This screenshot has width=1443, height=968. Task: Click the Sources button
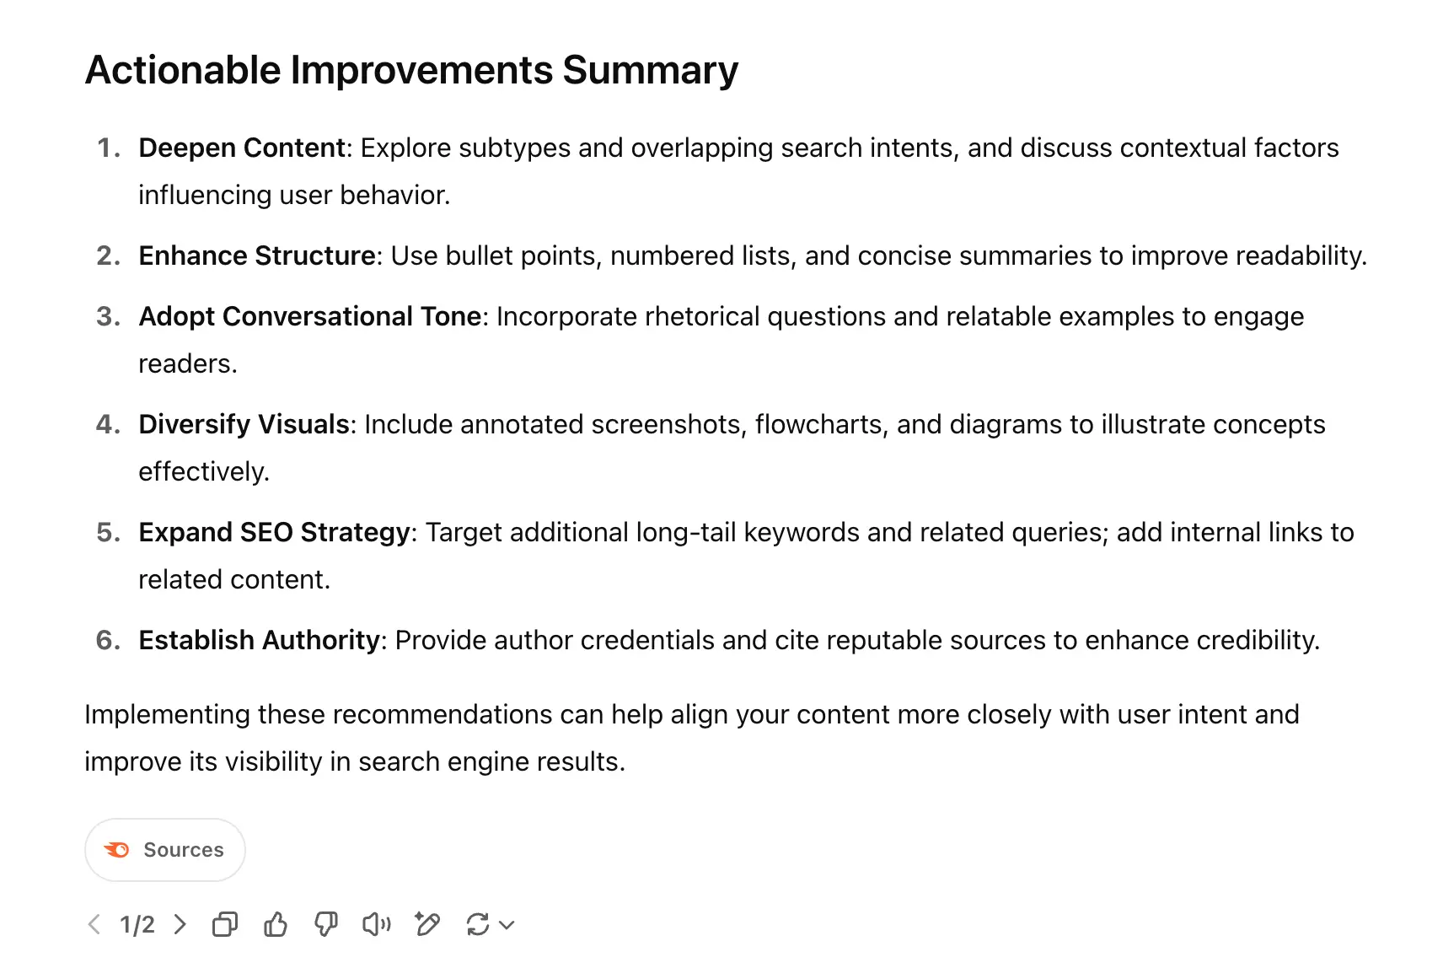[x=165, y=849]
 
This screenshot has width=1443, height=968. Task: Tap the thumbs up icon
[x=276, y=924]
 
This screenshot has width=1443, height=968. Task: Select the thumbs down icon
[x=326, y=924]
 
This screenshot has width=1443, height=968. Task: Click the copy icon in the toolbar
[x=225, y=924]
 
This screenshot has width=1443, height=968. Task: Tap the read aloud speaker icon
[x=377, y=924]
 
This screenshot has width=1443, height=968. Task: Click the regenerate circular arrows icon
[x=477, y=924]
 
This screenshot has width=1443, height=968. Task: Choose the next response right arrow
[x=180, y=924]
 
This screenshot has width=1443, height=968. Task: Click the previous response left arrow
[x=94, y=924]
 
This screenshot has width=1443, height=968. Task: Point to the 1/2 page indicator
[x=137, y=925]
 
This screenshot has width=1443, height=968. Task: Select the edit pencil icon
[x=427, y=924]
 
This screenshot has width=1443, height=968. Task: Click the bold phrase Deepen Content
[x=242, y=148]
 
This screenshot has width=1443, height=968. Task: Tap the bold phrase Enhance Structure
[x=257, y=255]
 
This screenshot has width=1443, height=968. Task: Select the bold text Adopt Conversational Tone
[x=310, y=316]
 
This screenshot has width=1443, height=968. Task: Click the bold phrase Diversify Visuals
[x=244, y=424]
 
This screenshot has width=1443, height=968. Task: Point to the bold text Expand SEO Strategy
[x=275, y=532]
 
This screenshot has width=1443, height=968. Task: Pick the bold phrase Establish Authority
[x=259, y=640]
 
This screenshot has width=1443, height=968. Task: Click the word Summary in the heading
[x=651, y=71]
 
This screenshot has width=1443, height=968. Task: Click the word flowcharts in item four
[x=816, y=425]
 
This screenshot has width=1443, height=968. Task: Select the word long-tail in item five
[x=686, y=533]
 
